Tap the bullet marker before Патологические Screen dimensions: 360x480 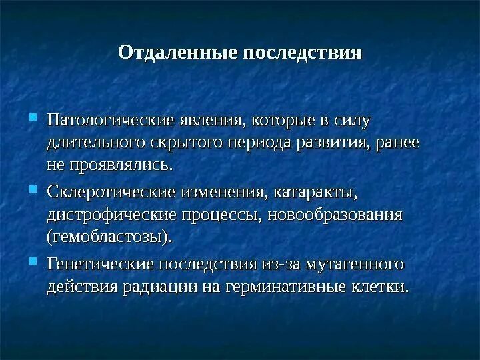34,119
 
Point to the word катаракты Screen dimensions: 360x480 315,193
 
